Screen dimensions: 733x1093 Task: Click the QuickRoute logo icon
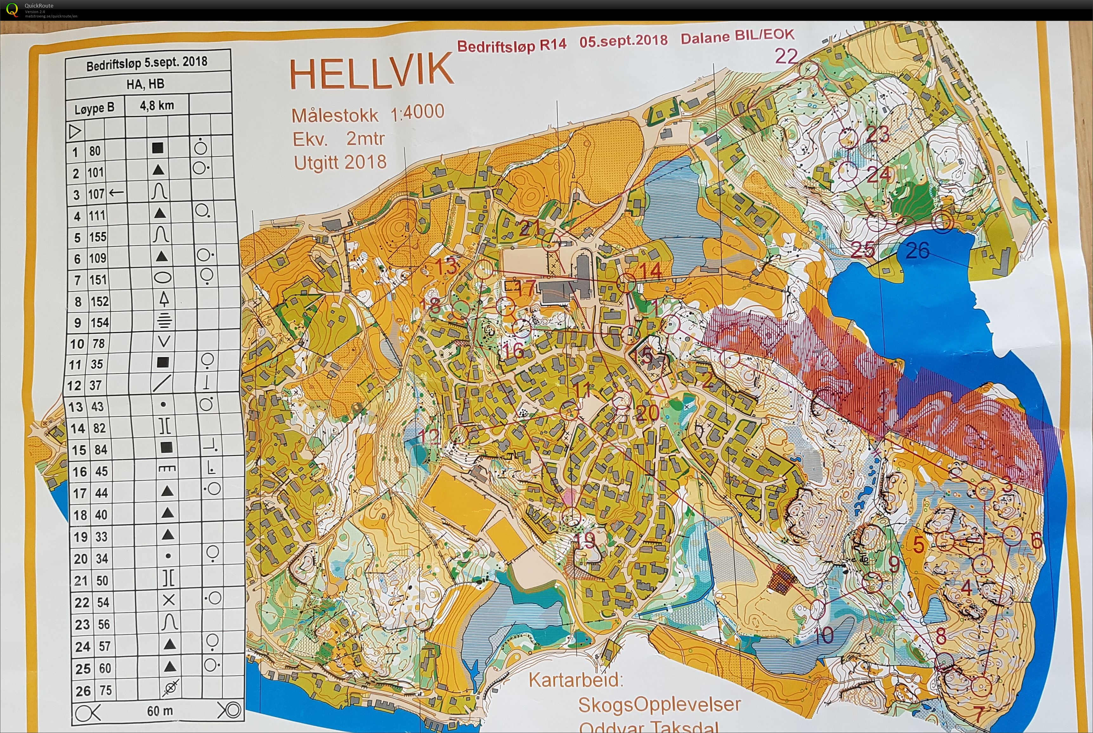click(12, 10)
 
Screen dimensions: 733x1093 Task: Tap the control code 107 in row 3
click(96, 193)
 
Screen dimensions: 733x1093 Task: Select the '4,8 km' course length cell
click(157, 106)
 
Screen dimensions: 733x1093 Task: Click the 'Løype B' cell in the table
click(94, 108)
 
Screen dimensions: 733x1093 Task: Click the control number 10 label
click(824, 635)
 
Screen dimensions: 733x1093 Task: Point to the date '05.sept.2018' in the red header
click(623, 40)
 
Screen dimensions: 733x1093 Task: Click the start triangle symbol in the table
click(75, 131)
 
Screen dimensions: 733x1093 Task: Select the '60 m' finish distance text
click(160, 711)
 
